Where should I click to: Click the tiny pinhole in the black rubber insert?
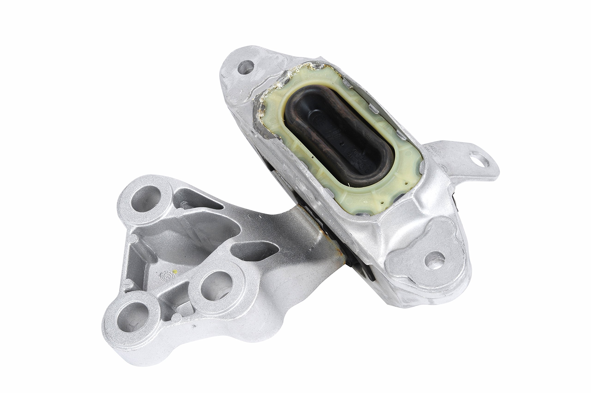(x=341, y=144)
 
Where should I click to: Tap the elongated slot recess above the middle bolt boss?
(x=253, y=250)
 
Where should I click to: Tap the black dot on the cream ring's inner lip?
(x=313, y=157)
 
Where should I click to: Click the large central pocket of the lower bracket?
(x=190, y=236)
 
